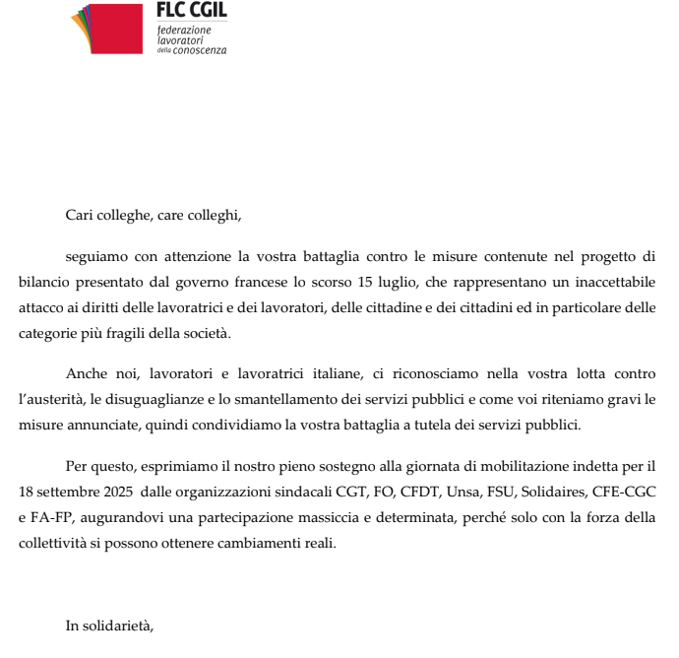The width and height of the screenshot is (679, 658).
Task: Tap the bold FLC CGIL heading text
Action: [191, 10]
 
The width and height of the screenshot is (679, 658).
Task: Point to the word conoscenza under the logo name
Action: [200, 50]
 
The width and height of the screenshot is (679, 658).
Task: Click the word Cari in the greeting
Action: [79, 214]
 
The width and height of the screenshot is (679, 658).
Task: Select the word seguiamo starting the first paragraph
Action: [96, 258]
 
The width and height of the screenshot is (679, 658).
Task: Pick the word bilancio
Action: [43, 284]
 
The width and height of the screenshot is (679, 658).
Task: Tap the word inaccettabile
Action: [610, 284]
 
